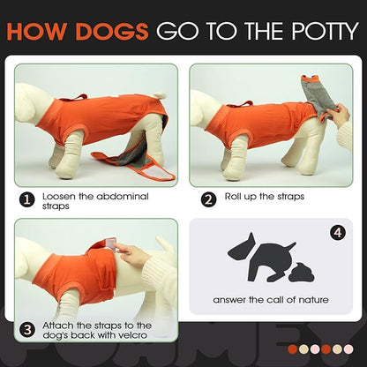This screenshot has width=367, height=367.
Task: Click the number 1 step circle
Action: pyautogui.click(x=26, y=200)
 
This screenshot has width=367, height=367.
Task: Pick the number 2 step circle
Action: pyautogui.click(x=208, y=198)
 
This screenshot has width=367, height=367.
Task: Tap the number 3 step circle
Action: pyautogui.click(x=26, y=331)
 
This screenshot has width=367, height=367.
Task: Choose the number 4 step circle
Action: pyautogui.click(x=337, y=233)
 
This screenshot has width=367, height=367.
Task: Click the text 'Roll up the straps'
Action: pyautogui.click(x=265, y=196)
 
